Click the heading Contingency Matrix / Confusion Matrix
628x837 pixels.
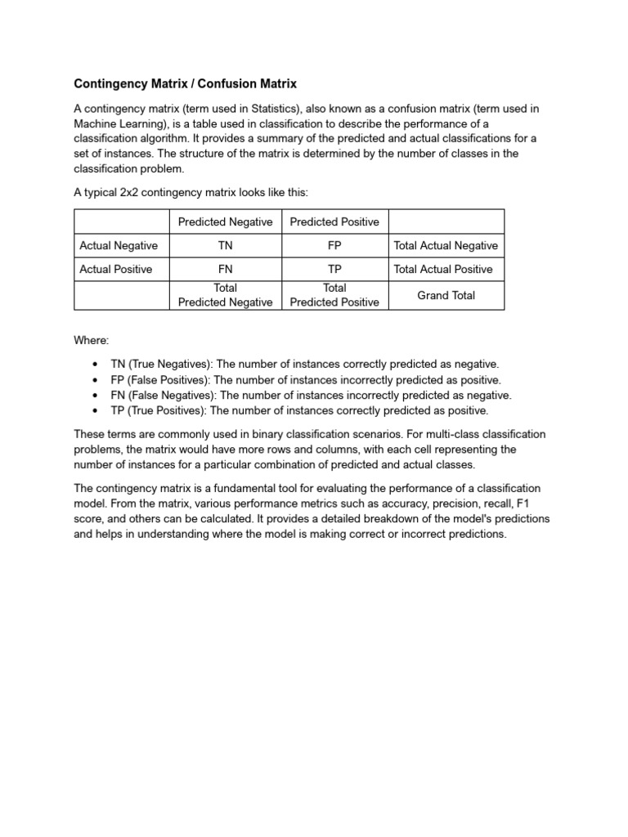185,83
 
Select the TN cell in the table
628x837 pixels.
225,245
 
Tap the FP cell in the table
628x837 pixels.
334,245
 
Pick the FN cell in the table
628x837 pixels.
225,269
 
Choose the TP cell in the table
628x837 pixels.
334,269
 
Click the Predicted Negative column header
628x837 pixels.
225,222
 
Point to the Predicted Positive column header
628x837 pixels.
334,222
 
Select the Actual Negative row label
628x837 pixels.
119,245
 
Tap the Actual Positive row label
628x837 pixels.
116,269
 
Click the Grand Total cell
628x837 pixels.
446,295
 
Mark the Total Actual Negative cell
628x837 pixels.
446,245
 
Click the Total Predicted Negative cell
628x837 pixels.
225,295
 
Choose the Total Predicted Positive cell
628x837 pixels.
334,295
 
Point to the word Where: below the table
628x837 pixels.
91,339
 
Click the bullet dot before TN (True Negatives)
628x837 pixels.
96,364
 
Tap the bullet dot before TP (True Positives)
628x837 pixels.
96,410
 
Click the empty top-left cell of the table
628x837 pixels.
121,222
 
